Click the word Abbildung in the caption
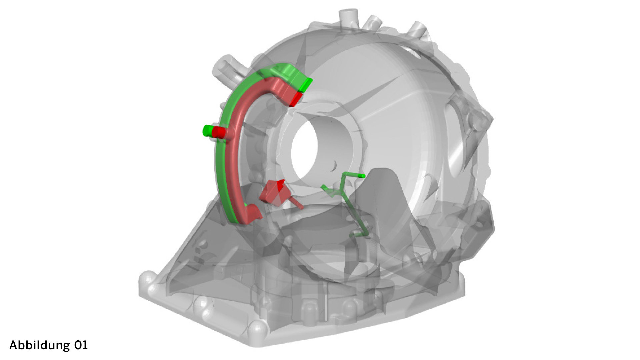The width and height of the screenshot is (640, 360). pos(40,345)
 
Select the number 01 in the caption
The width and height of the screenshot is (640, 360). pos(81,345)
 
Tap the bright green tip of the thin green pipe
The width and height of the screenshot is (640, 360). pos(362,176)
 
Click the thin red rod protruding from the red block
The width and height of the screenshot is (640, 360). pos(296,203)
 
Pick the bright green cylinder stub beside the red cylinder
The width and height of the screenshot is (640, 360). pos(208,130)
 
